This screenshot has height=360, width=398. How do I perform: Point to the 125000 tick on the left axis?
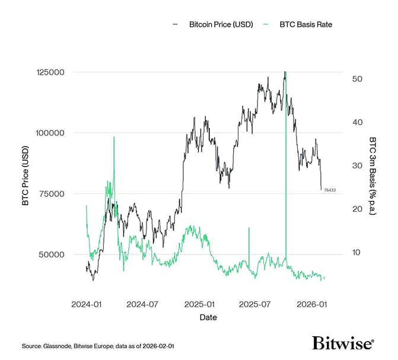click(x=51, y=72)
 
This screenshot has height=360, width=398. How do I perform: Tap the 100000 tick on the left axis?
click(x=51, y=133)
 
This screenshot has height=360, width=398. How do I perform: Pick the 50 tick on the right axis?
click(x=357, y=79)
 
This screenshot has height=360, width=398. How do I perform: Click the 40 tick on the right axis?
click(x=357, y=122)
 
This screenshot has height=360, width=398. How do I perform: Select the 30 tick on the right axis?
click(x=357, y=165)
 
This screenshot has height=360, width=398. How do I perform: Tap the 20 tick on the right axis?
click(x=357, y=209)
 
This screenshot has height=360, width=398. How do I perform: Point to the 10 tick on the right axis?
click(x=357, y=252)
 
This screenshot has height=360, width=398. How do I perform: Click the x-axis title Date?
click(x=208, y=317)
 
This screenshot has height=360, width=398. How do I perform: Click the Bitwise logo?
click(x=343, y=343)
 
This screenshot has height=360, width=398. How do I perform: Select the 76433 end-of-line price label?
click(x=329, y=190)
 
